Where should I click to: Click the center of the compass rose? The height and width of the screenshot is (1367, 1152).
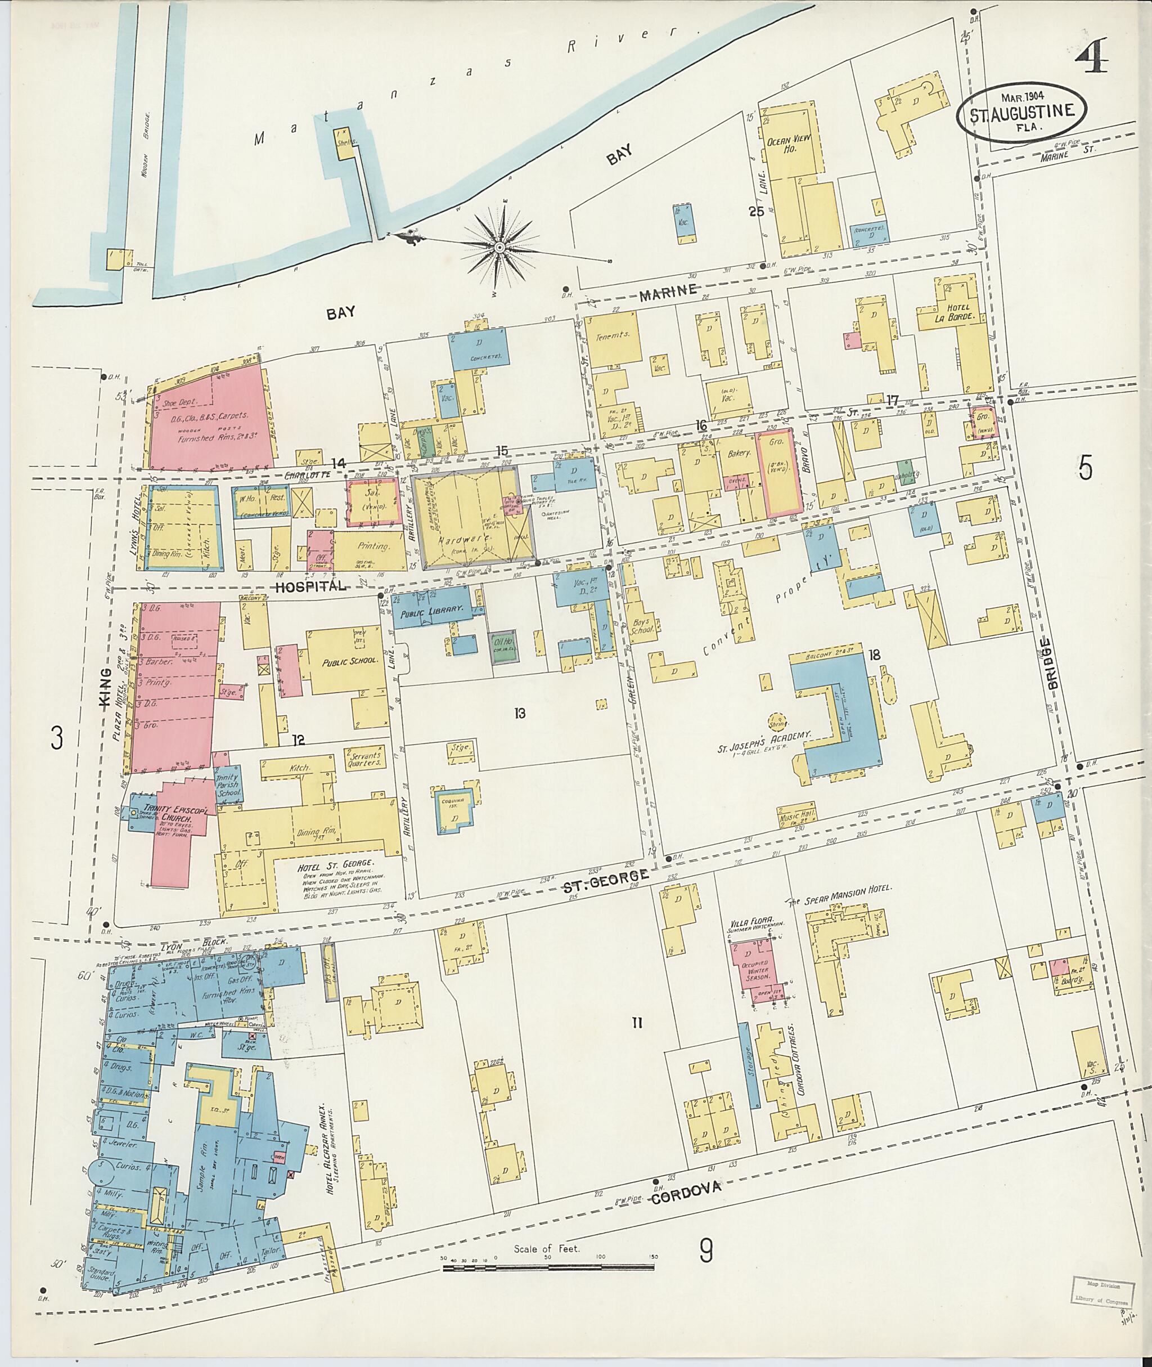point(499,247)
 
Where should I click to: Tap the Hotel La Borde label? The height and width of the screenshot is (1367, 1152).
point(957,312)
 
